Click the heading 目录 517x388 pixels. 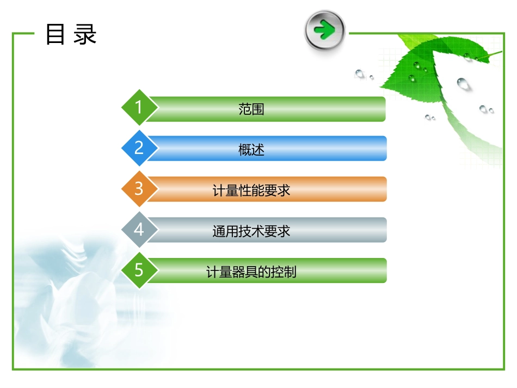[x=71, y=34]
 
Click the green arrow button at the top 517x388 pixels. [x=325, y=30]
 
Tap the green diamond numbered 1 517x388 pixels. [x=139, y=107]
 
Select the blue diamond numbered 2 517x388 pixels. [x=139, y=148]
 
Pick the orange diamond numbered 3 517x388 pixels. [x=139, y=189]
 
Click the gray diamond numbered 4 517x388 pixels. [x=139, y=230]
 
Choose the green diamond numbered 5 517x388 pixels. [x=139, y=270]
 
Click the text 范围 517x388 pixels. [x=251, y=109]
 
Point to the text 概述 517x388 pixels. [x=251, y=149]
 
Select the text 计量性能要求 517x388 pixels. [x=251, y=190]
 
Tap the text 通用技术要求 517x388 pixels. [x=251, y=231]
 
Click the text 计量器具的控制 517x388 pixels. [x=251, y=271]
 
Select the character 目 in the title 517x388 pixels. [x=56, y=34]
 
